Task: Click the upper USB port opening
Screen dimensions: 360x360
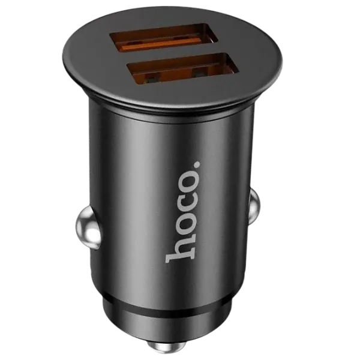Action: coord(164,38)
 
